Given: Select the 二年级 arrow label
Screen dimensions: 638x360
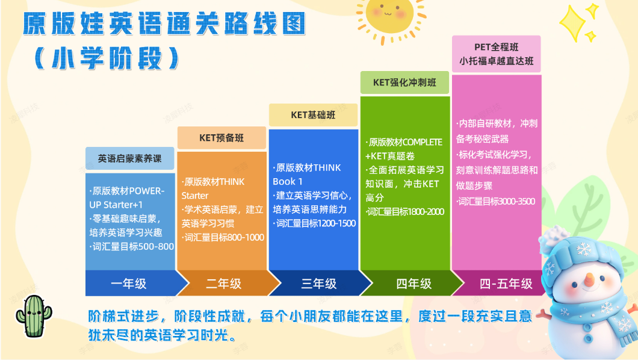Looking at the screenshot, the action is [224, 284].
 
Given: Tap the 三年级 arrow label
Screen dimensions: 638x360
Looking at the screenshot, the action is [319, 284].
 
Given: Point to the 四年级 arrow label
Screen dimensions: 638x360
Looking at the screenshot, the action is [414, 284].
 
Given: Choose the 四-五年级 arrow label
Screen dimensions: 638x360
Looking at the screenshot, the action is [506, 284].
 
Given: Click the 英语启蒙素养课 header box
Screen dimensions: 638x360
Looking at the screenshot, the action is [130, 158].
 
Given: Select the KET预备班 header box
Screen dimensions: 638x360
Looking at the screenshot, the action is [221, 138].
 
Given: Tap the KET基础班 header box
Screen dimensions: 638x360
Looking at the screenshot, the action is [314, 115].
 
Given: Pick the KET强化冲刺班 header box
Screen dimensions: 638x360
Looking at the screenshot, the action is [405, 82].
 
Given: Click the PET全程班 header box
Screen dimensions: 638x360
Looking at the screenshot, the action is [497, 54].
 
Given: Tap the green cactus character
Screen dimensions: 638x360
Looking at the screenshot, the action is [34, 316].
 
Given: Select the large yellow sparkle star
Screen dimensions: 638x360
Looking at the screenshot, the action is [575, 23].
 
